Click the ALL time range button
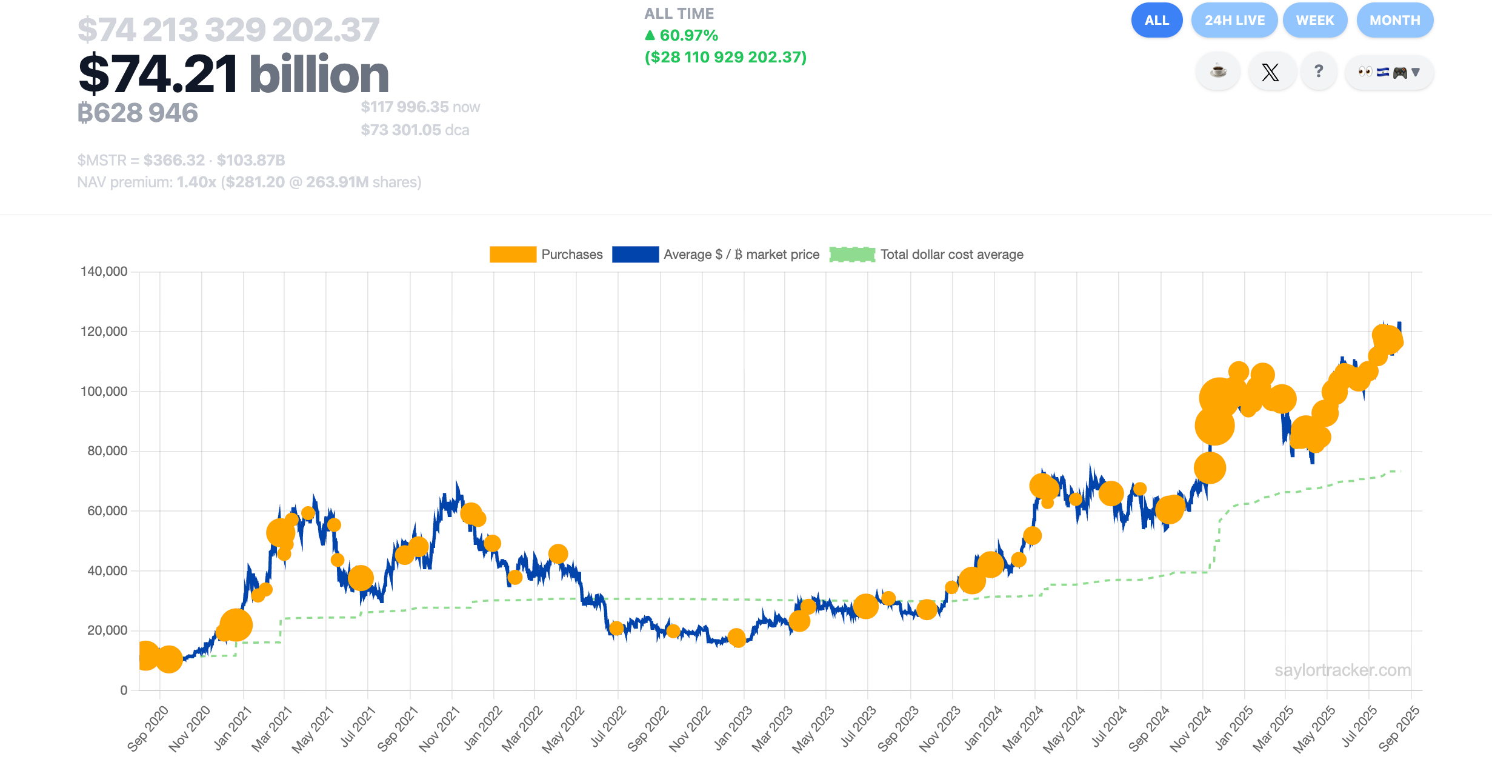[x=1156, y=21]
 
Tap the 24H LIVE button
[x=1234, y=21]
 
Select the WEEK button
[x=1314, y=21]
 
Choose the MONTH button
[x=1394, y=21]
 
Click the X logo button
[x=1270, y=72]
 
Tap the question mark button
[x=1319, y=72]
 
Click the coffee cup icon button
[x=1218, y=72]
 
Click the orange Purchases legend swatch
[x=513, y=255]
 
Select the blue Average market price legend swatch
[x=635, y=255]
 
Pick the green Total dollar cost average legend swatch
[x=852, y=255]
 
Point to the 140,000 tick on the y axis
[x=104, y=272]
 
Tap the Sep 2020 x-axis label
[x=148, y=729]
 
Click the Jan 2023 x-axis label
[x=733, y=729]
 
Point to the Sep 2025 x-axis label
[x=1399, y=729]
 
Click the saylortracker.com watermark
[x=1342, y=670]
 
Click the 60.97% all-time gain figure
[x=688, y=36]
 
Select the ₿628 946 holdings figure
[x=138, y=113]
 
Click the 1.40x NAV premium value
[x=196, y=182]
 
